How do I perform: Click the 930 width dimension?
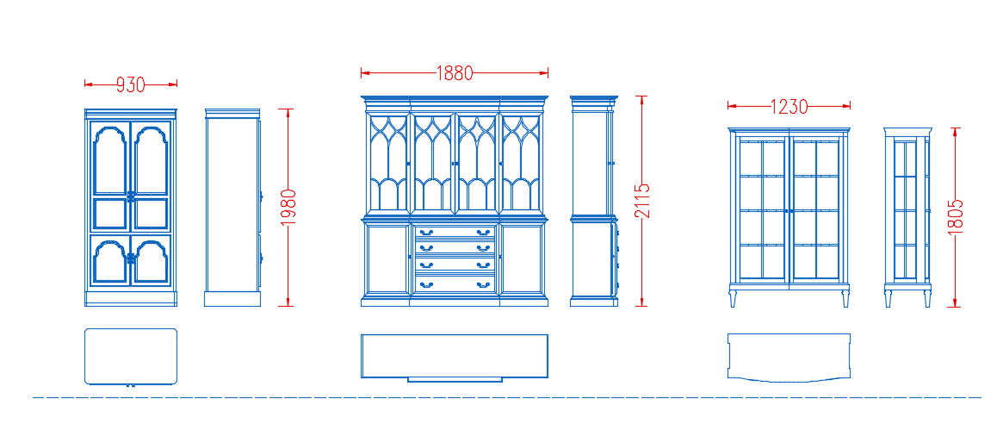pos(131,84)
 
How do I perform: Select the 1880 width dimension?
pos(455,73)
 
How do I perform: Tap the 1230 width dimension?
pos(790,106)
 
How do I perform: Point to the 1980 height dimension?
pos(288,208)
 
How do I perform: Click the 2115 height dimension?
pos(642,201)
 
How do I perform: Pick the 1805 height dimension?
pos(955,217)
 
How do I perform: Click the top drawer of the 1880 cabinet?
pos(455,233)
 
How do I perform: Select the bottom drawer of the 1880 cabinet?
pos(455,283)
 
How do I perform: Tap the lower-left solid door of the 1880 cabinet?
pos(387,258)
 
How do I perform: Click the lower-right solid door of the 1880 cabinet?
pos(522,258)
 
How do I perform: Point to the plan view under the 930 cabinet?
pos(131,357)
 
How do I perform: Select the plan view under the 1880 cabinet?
pos(455,358)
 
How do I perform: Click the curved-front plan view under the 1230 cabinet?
pos(790,358)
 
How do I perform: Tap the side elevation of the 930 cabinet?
pos(232,208)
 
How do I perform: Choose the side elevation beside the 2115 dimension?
pos(594,201)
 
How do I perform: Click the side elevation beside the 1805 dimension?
pos(908,217)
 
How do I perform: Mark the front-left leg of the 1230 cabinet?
pos(734,298)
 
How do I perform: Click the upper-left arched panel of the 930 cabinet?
pos(110,159)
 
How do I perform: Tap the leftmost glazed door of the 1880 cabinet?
pos(387,164)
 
